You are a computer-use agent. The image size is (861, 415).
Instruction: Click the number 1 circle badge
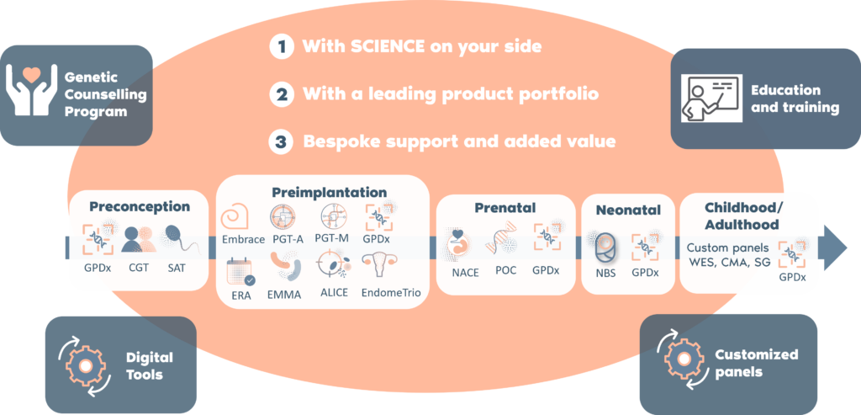(x=282, y=47)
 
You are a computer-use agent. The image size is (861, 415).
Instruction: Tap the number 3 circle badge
(x=281, y=141)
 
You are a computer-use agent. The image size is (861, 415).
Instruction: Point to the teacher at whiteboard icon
(x=711, y=98)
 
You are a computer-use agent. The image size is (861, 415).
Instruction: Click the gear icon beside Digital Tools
(x=85, y=365)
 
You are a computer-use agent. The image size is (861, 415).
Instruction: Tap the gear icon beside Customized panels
(x=684, y=359)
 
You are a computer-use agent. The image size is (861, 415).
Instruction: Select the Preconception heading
(x=140, y=207)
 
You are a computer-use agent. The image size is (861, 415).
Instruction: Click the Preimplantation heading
(x=330, y=193)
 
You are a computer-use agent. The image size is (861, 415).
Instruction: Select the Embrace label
(x=243, y=240)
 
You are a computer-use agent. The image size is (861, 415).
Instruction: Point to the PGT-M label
(x=332, y=238)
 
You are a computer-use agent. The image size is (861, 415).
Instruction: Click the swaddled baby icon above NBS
(x=604, y=247)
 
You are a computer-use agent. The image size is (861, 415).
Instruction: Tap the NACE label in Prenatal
(x=465, y=272)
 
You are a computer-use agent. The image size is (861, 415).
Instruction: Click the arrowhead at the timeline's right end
(x=836, y=247)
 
